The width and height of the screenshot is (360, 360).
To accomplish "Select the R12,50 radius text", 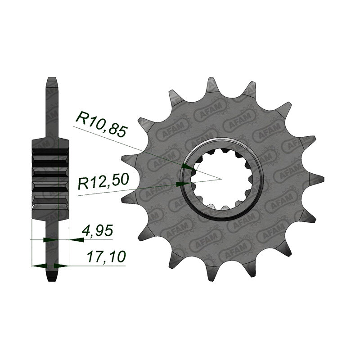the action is (103, 181).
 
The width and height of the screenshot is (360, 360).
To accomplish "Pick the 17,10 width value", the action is (106, 257).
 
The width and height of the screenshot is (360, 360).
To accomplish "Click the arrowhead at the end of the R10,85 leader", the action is (188, 167).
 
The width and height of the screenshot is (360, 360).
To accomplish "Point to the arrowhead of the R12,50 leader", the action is (183, 184).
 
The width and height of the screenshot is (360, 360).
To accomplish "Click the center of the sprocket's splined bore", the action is (220, 179).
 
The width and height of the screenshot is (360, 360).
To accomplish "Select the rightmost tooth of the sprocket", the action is (316, 179).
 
